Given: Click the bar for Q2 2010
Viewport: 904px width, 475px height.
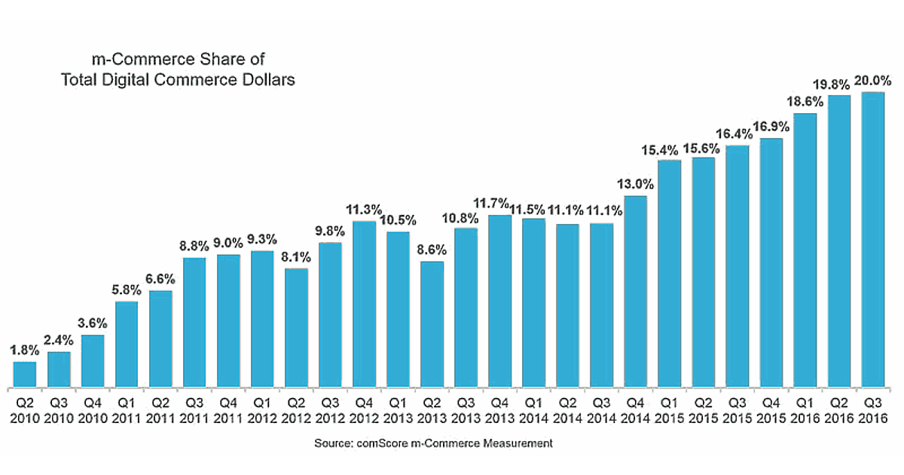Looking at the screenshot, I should (25, 373).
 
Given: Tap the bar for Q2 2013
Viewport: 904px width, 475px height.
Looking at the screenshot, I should (432, 323).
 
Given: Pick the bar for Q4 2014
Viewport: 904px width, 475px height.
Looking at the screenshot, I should (636, 290).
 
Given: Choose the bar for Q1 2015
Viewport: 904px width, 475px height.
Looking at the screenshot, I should (670, 272).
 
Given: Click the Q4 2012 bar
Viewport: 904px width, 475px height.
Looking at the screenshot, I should (364, 302).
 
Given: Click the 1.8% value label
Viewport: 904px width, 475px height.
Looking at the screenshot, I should (25, 350).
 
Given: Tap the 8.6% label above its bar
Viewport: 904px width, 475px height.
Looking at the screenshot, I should (432, 250).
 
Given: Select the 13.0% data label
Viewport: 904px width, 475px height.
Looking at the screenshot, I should (636, 184).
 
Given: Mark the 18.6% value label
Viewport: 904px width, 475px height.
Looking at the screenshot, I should (805, 102).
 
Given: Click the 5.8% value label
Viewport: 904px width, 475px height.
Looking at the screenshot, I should (127, 290).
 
